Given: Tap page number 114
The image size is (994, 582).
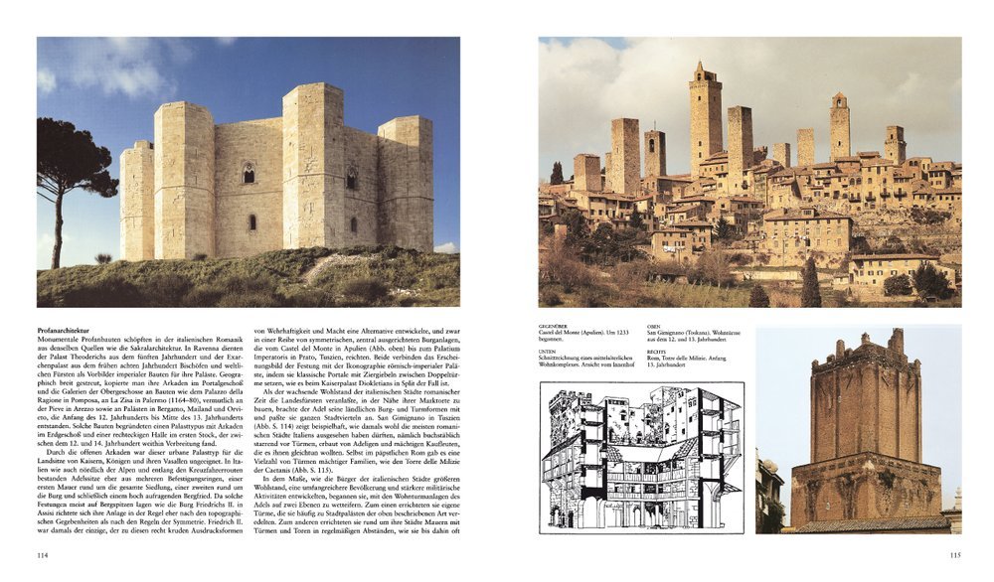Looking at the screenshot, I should coord(43,555).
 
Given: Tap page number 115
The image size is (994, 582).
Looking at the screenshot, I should coord(954,555).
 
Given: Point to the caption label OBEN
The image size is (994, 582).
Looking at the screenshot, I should coord(653,325).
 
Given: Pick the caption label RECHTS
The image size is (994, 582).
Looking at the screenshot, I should coord(655,350).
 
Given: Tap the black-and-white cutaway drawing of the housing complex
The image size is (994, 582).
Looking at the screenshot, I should coord(642,458).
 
